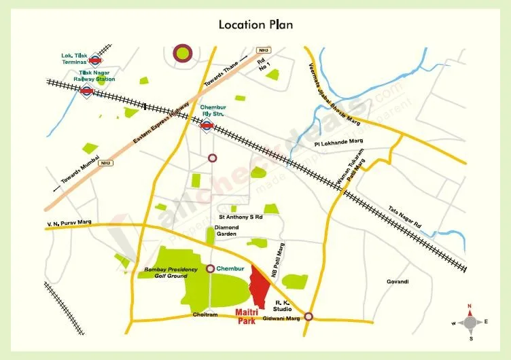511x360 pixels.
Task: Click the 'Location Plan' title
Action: (x=255, y=25)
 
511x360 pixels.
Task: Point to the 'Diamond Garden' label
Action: (x=226, y=230)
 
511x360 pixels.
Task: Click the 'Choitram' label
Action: (x=205, y=315)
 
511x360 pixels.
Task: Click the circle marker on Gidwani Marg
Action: (x=309, y=317)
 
